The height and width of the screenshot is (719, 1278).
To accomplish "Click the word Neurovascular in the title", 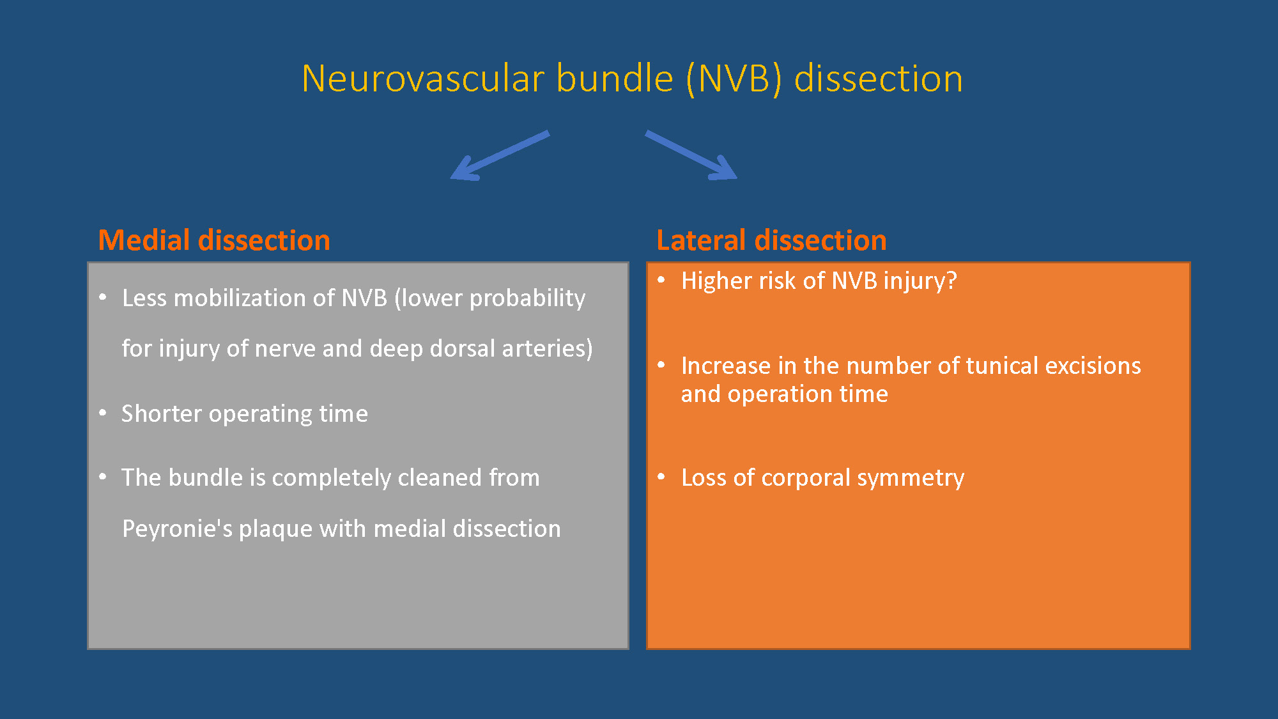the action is [423, 79].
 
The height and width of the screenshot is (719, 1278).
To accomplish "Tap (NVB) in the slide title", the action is [734, 79].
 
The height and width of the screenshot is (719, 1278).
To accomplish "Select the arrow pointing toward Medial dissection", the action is [500, 155].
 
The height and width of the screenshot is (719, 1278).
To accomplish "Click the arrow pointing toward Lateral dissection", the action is [691, 155].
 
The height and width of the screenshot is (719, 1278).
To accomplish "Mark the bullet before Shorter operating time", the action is [103, 413].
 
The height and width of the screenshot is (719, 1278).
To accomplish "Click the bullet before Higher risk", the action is [661, 279].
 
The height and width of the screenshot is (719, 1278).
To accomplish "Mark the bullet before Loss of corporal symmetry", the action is [661, 476].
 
